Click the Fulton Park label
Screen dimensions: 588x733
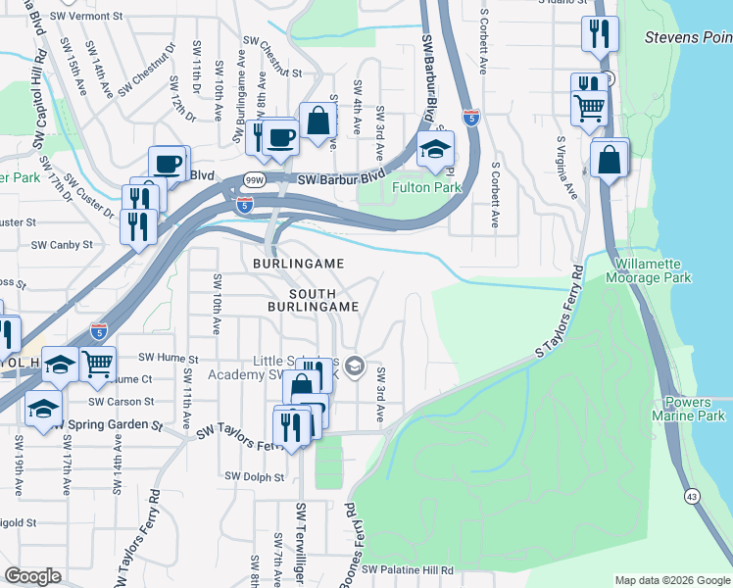425,187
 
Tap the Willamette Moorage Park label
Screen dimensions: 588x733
654,271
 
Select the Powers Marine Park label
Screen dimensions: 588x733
695,410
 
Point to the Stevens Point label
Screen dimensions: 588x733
688,37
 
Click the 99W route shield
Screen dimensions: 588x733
254,180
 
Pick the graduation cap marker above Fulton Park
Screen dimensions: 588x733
435,150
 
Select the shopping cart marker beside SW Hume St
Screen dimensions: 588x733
97,365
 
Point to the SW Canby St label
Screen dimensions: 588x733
62,245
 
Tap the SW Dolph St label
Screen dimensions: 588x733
254,477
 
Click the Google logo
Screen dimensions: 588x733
32,576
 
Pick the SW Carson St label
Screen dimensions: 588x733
121,402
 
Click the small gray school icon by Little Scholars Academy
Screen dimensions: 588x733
354,367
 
